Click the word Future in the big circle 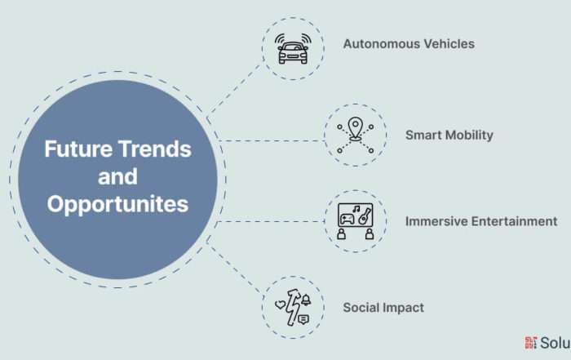tap(77, 149)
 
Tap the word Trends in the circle tap(155, 149)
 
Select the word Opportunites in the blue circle tap(117, 204)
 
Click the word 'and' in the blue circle tap(117, 176)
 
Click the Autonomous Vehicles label tap(409, 44)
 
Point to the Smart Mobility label tap(449, 136)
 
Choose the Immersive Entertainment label tap(481, 221)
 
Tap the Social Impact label tap(383, 308)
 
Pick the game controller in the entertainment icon tap(347, 220)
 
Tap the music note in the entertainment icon tap(356, 209)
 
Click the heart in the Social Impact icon tap(281, 304)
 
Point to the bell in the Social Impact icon tap(306, 300)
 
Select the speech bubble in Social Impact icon tap(303, 320)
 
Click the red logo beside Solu tap(530, 343)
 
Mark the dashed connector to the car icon tap(235, 90)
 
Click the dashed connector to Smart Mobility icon tap(272, 140)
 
